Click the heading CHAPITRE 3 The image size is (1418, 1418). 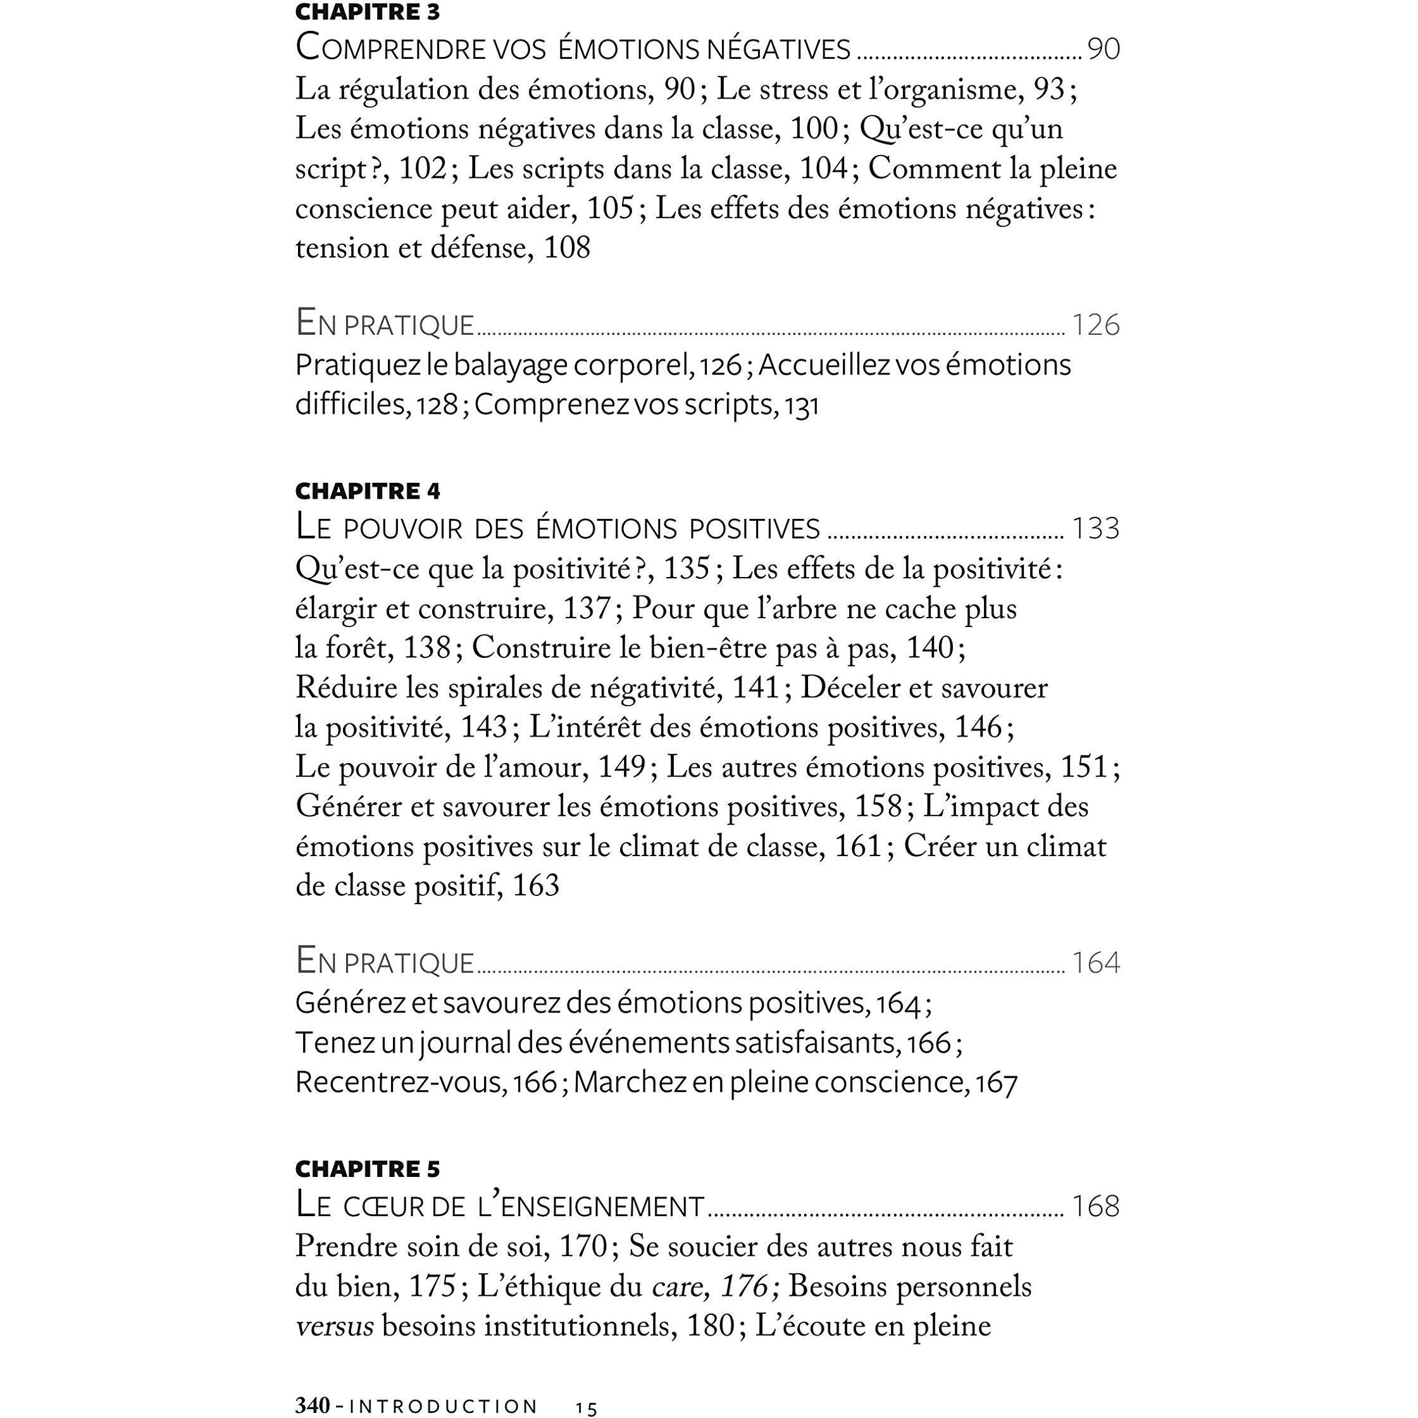click(367, 13)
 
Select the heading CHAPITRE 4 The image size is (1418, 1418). click(367, 491)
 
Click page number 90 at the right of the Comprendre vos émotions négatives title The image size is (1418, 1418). click(1103, 49)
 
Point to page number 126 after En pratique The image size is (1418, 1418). click(1096, 325)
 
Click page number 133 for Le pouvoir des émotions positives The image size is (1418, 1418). click(1096, 528)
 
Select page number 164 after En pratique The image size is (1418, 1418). click(1096, 963)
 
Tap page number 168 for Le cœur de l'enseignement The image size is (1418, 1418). click(1096, 1207)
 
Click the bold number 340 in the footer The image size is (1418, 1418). click(312, 1405)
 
